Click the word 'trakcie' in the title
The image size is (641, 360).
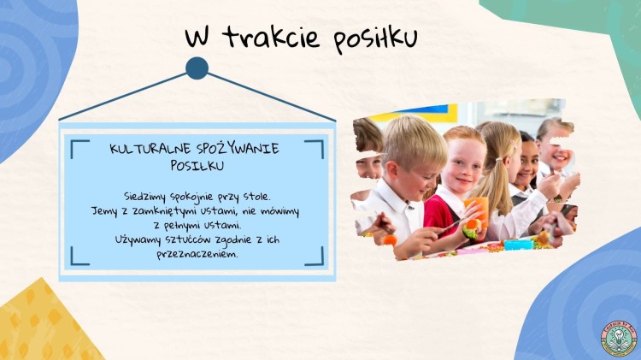[270, 37]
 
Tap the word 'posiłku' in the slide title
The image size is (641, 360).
[375, 39]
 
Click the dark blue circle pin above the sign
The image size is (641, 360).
[197, 68]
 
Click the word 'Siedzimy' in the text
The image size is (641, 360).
[144, 197]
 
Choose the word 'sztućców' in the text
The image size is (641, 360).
[187, 239]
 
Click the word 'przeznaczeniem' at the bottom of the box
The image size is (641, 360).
[197, 254]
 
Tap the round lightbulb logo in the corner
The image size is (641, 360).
[619, 339]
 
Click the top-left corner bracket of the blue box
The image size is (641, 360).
[79, 149]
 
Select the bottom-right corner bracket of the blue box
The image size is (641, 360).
[314, 256]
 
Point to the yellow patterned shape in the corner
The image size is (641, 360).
[45, 323]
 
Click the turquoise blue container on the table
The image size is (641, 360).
[519, 245]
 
